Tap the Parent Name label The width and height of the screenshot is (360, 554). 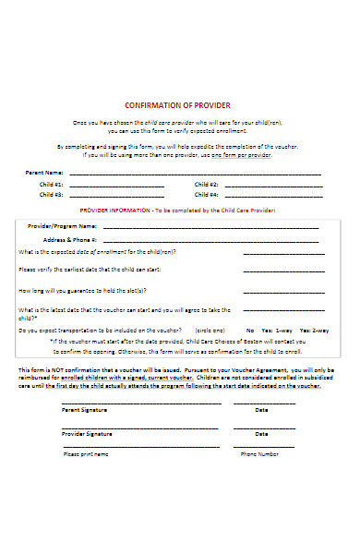44,173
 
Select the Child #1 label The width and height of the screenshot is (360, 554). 52,184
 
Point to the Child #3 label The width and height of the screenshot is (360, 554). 52,195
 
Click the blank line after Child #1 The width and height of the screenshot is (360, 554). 116,186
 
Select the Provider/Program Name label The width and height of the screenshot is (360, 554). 62,225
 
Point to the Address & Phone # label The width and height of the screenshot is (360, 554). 69,238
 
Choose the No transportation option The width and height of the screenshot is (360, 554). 250,330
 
